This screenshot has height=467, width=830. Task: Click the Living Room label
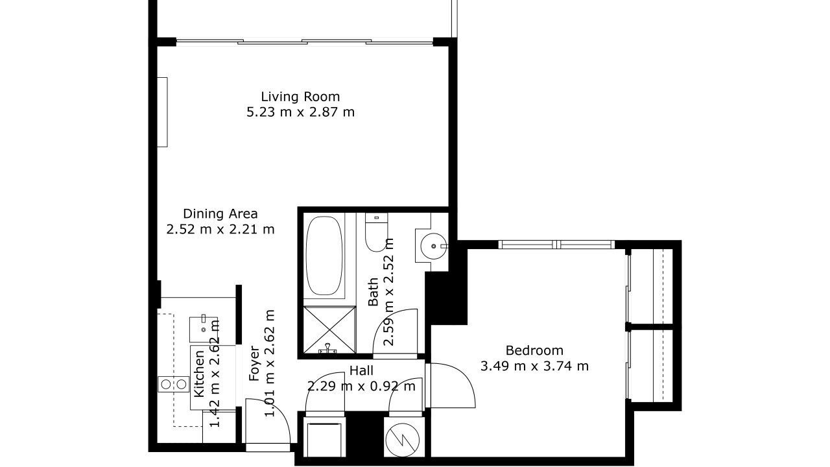[x=300, y=97]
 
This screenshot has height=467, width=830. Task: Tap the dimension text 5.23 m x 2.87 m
[x=300, y=112]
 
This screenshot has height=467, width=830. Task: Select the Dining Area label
[x=220, y=214]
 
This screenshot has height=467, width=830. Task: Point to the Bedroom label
[x=534, y=350]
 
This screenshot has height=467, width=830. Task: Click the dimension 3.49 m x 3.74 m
[x=534, y=366]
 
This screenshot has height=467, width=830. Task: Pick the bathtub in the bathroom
[x=324, y=256]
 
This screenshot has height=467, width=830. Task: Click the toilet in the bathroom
[x=376, y=232]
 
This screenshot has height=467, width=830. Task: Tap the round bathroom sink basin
[x=434, y=246]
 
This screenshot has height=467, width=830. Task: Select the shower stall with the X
[x=329, y=329]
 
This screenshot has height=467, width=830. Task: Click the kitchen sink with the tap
[x=203, y=329]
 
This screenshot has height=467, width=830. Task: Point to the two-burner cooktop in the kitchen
[x=173, y=385]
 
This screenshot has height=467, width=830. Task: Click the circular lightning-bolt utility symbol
[x=403, y=440]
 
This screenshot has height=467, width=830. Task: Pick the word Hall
[x=361, y=370]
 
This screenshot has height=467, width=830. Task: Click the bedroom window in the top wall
[x=556, y=245]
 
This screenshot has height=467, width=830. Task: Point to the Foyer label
[x=255, y=363]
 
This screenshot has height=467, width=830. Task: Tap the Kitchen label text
[x=199, y=374]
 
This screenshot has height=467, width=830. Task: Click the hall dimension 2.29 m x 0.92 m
[x=361, y=386]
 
